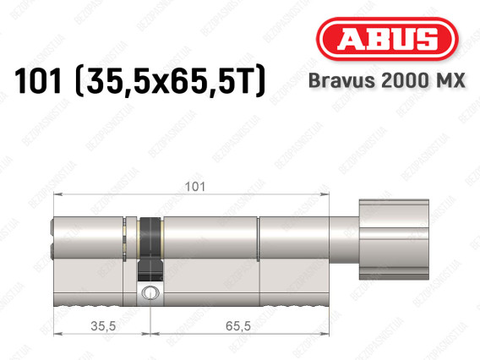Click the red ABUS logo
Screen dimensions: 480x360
(387, 39)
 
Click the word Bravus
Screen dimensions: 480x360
(341, 80)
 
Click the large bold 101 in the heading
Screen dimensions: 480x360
(38, 81)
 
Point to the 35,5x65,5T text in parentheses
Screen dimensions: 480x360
(170, 81)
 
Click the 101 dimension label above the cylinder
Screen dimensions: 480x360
(195, 187)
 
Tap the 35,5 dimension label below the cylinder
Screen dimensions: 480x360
(103, 326)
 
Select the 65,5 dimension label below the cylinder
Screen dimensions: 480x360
(238, 326)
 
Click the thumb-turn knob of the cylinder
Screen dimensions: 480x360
(394, 239)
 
